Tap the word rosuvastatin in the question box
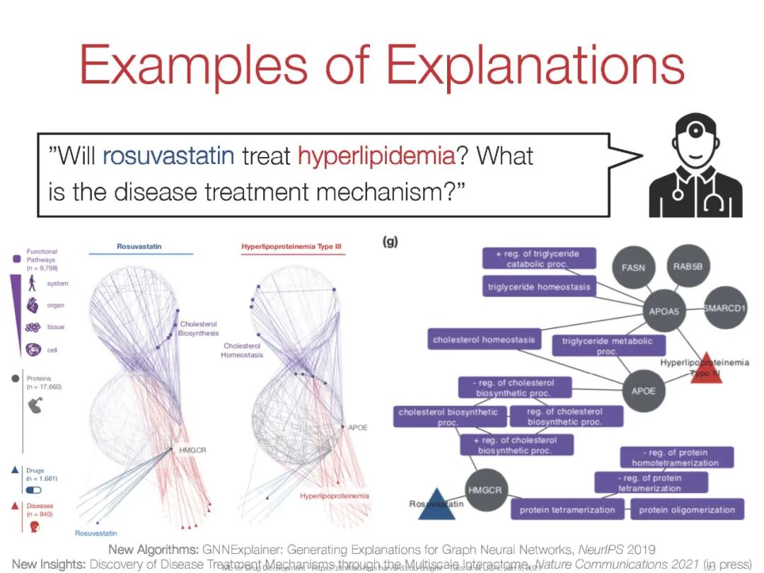coord(168,155)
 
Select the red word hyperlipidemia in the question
coord(376,155)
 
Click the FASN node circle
coord(633,268)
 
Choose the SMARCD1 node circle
coord(724,308)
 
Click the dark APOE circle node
coord(643,390)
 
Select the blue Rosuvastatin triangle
coord(436,505)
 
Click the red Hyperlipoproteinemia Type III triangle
coord(707,369)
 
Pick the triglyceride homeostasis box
coord(538,287)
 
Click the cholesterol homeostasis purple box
coord(485,340)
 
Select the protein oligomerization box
coord(687,509)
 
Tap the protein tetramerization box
coord(567,509)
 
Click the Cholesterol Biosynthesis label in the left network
coord(199,328)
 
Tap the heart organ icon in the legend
coord(33,306)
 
